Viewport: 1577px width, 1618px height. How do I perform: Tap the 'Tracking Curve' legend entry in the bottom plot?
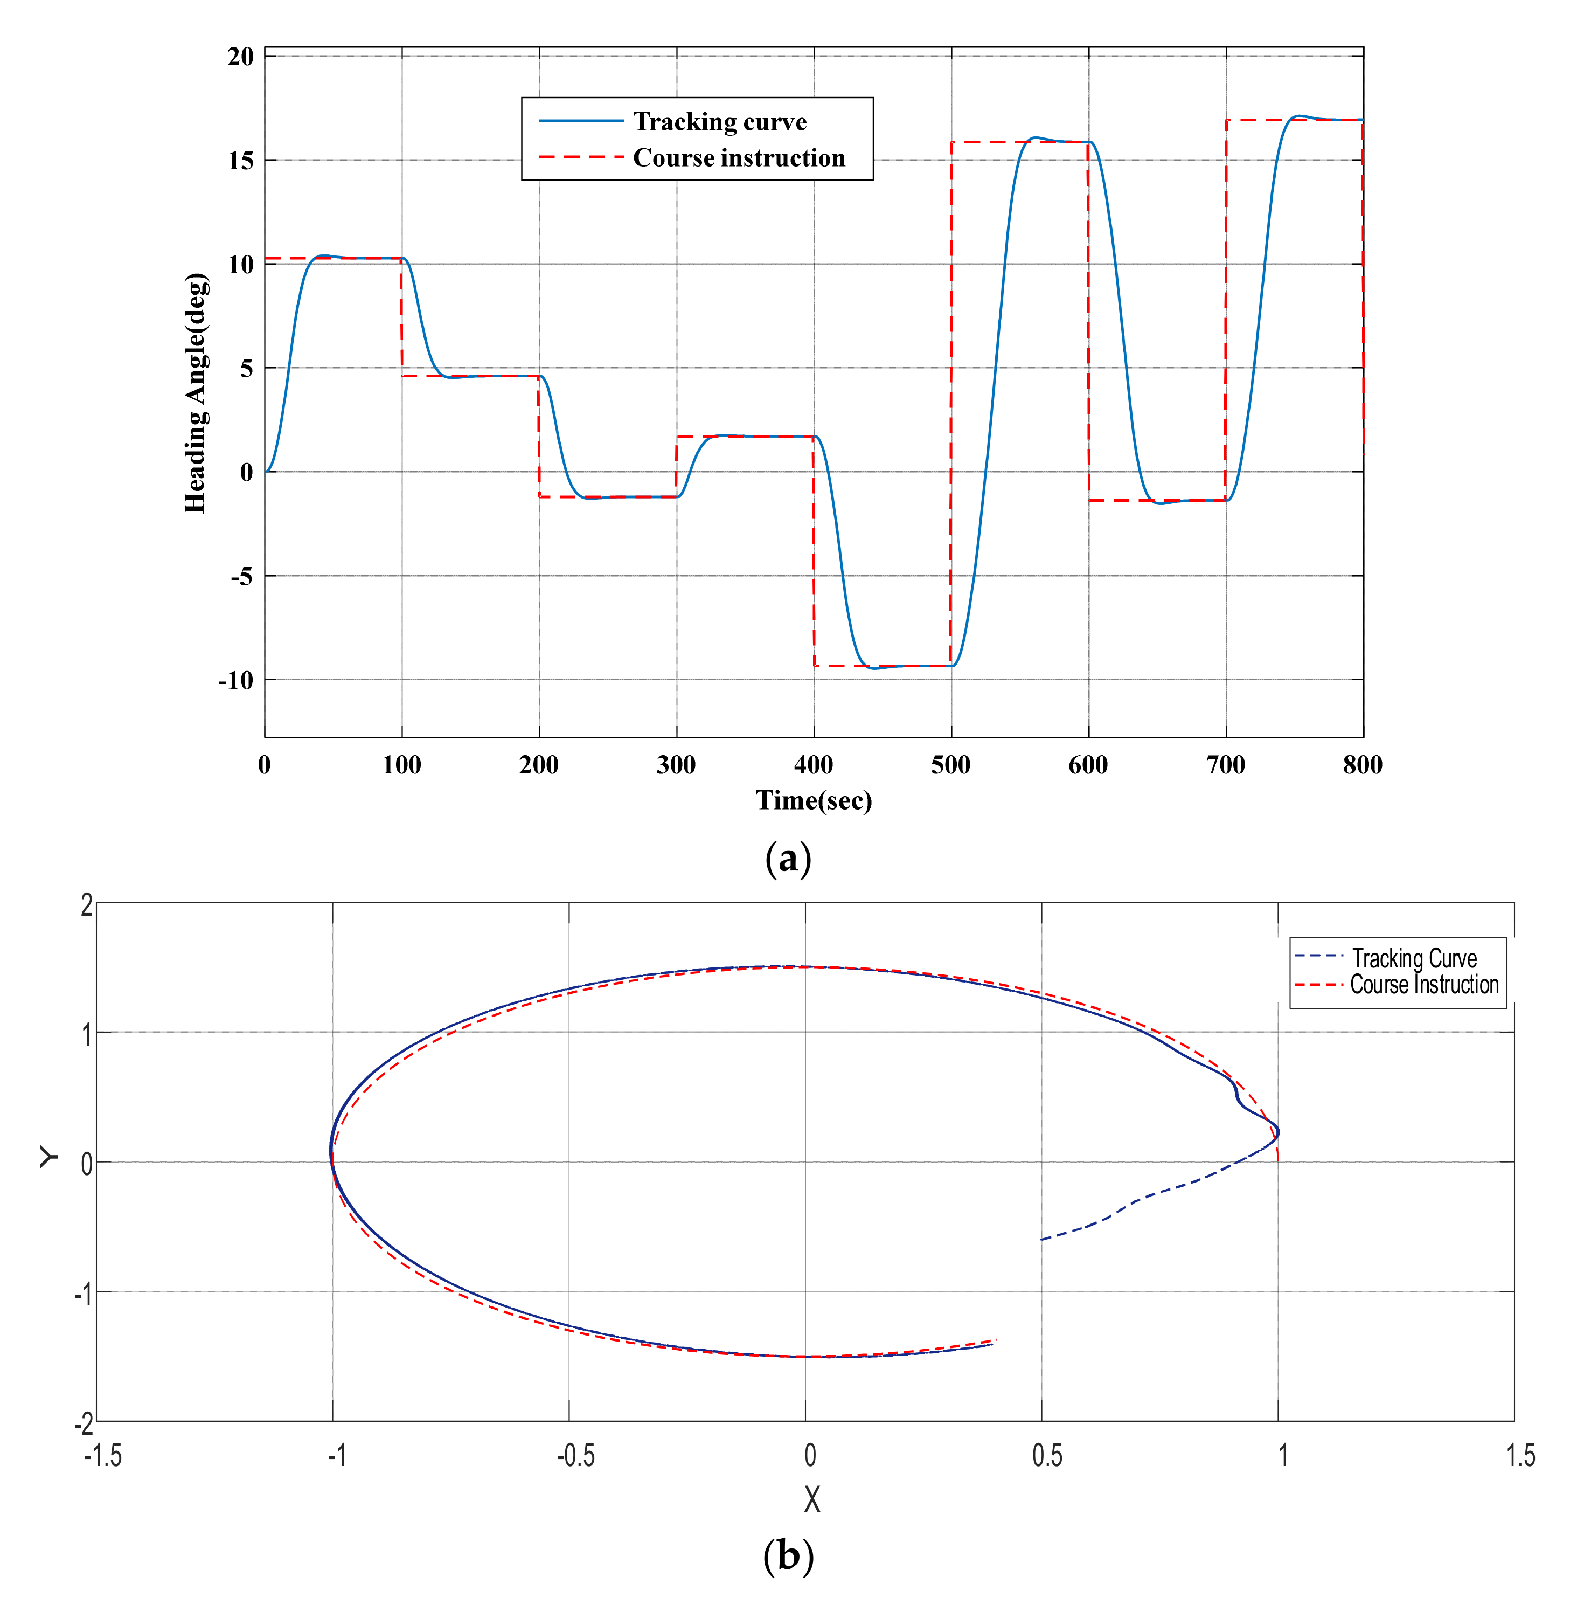pos(1414,958)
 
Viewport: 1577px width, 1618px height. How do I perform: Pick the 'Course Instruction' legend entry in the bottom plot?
pos(1424,985)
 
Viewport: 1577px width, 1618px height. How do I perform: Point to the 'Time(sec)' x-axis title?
pos(814,800)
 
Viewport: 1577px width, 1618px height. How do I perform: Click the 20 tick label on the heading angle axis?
pos(241,57)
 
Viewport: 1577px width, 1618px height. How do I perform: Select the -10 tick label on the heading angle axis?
pos(236,680)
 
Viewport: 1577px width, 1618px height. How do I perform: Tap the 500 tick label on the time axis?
pos(951,765)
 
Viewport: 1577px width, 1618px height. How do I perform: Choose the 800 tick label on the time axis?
pos(1363,765)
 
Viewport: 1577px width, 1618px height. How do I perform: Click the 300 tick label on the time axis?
pos(676,765)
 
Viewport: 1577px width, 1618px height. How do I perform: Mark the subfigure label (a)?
pos(788,858)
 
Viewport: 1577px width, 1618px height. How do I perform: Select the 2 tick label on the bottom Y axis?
pos(87,905)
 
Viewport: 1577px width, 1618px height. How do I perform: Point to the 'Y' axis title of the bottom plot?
pos(49,1157)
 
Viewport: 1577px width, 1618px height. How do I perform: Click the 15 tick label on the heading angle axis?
pos(241,161)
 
